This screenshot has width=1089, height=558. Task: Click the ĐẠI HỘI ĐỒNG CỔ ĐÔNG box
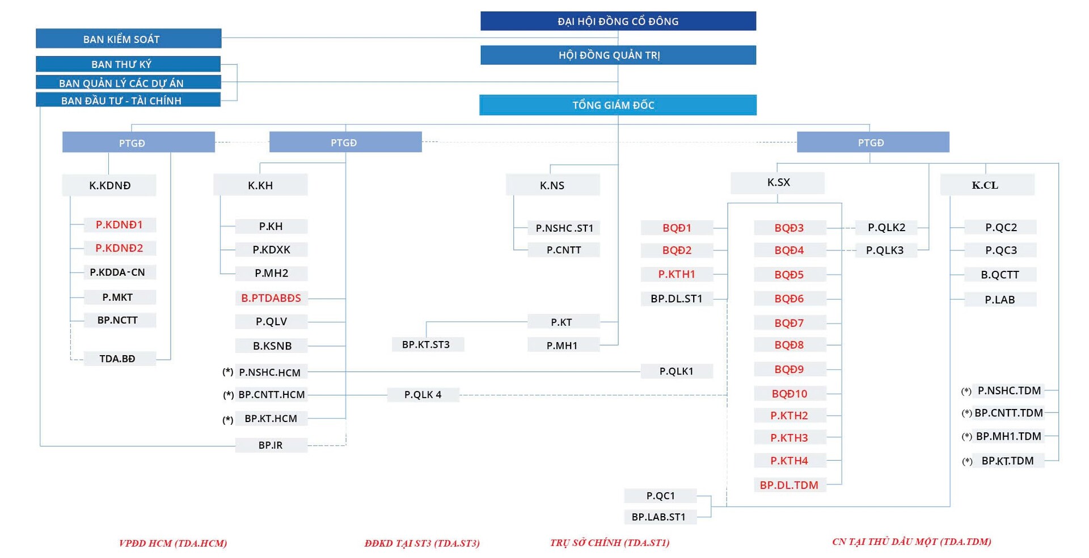coord(618,21)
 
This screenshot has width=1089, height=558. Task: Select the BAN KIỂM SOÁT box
coord(128,39)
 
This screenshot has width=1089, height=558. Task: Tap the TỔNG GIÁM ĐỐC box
coord(618,105)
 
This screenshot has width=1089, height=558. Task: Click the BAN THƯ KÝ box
coord(128,64)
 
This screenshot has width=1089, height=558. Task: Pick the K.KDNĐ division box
coord(109,185)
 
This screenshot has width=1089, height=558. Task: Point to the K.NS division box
coord(552,185)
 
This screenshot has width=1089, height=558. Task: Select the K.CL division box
coord(987,185)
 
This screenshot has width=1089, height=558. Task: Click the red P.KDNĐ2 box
coord(120,248)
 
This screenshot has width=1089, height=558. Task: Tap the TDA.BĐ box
coord(120,359)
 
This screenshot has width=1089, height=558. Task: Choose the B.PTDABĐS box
coord(271,298)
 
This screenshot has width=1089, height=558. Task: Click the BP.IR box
coord(271,445)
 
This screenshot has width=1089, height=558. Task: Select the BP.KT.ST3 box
coord(428,344)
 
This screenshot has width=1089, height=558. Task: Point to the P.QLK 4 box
coord(423,394)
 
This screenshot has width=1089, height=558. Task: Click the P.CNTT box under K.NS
coord(564,250)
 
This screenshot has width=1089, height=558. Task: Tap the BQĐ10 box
coord(790,393)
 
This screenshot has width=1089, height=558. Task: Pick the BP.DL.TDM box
coord(790,485)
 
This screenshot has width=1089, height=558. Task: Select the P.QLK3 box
coord(886,250)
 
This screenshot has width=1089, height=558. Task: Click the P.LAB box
coord(1001,299)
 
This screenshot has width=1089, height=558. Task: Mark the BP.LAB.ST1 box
coord(660,517)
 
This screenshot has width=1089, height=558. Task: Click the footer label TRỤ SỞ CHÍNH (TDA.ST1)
coord(610,543)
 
